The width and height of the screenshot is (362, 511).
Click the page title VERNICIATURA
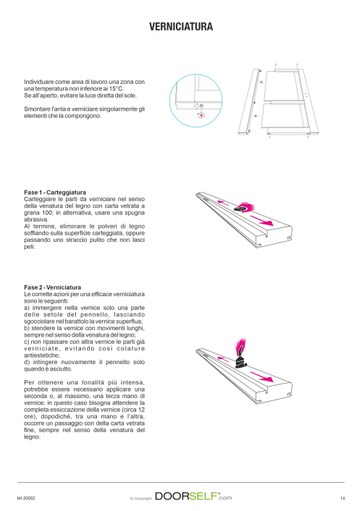tap(181, 27)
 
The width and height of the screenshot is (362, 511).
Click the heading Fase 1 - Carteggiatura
tap(55, 193)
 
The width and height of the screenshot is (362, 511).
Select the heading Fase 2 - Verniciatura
tap(53, 287)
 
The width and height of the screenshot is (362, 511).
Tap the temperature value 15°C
tap(117, 88)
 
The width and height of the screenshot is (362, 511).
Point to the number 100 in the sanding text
tap(47, 213)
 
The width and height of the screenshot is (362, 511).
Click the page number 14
tap(342, 498)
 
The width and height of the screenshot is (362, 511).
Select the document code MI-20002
tap(26, 498)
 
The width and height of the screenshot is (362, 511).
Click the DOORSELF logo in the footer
tap(193, 497)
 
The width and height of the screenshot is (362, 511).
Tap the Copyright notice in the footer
tap(141, 498)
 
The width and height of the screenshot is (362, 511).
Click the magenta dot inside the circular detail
tap(201, 115)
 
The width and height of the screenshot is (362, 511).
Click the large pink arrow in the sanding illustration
tap(261, 220)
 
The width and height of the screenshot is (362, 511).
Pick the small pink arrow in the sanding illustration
tap(223, 203)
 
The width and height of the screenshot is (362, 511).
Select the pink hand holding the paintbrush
tap(240, 345)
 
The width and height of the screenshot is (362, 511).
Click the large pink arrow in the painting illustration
tap(261, 376)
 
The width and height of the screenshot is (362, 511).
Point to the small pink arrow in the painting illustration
tap(223, 359)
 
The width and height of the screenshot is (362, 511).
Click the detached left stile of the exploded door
tap(250, 101)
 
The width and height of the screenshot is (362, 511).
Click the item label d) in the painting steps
tap(27, 362)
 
